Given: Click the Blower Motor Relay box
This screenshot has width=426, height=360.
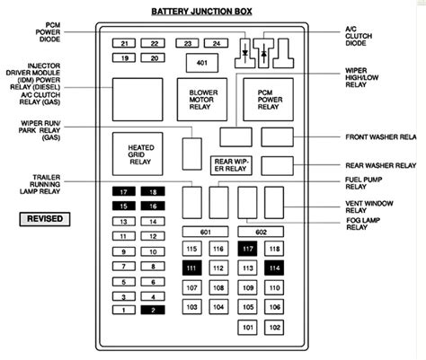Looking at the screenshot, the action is [x=202, y=100].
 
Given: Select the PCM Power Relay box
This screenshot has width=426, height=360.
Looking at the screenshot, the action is [x=268, y=100].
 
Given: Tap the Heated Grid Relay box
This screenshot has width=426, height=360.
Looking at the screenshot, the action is [x=138, y=154].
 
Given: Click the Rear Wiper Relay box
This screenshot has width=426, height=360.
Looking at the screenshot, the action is [x=231, y=165].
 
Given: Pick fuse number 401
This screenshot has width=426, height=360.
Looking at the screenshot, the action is [x=202, y=63].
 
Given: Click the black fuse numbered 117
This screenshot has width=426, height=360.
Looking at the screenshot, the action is [x=247, y=249].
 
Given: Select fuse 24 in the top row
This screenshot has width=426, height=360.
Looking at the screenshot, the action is [x=216, y=43].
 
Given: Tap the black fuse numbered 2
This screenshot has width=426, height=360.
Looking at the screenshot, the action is [x=153, y=310].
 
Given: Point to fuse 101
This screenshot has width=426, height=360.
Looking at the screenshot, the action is [x=247, y=328].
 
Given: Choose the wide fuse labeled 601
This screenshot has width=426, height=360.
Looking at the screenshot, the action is [x=205, y=232].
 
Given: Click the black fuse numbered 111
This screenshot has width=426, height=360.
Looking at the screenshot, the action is [x=191, y=268].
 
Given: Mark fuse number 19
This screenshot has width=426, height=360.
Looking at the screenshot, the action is [x=124, y=57].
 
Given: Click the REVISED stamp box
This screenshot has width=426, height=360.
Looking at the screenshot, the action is [x=45, y=219].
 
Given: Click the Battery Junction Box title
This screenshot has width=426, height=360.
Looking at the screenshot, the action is [x=201, y=12].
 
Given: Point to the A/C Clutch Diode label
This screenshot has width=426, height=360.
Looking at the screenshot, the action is [x=359, y=36].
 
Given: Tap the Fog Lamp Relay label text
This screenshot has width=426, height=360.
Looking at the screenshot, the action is [x=363, y=224].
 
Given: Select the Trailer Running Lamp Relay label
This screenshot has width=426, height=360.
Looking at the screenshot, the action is [x=40, y=184].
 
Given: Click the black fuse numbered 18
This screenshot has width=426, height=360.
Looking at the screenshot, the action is [x=153, y=191].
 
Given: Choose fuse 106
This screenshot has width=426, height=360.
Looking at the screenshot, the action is [x=274, y=307].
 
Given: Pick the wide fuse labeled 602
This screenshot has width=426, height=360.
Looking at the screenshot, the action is [x=261, y=232].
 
